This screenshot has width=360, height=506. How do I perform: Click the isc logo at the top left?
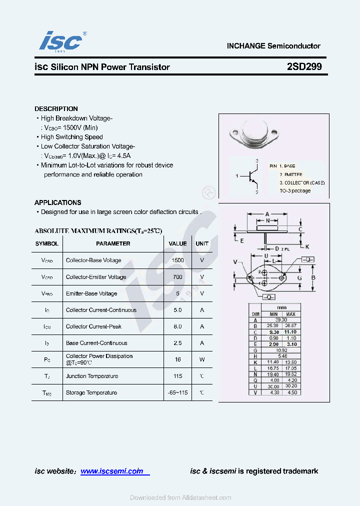(60, 40)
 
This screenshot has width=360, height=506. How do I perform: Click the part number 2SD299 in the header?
(304, 66)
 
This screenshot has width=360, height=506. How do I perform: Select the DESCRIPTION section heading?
(56, 108)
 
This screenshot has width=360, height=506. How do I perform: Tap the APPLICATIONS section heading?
(57, 202)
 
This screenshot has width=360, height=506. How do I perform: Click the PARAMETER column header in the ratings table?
(113, 243)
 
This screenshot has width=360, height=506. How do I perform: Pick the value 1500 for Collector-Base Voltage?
(177, 260)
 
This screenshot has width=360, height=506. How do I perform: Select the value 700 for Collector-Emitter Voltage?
(177, 277)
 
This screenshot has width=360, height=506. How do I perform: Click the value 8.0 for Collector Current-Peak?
(177, 326)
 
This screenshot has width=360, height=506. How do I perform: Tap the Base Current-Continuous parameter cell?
(96, 343)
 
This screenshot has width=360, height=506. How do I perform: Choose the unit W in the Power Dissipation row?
(202, 359)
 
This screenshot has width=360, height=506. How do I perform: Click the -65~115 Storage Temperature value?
(177, 392)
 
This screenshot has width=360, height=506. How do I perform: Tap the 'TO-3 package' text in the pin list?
(295, 190)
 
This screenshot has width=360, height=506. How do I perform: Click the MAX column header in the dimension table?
(291, 314)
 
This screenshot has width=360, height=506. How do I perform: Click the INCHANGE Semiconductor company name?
(273, 46)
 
